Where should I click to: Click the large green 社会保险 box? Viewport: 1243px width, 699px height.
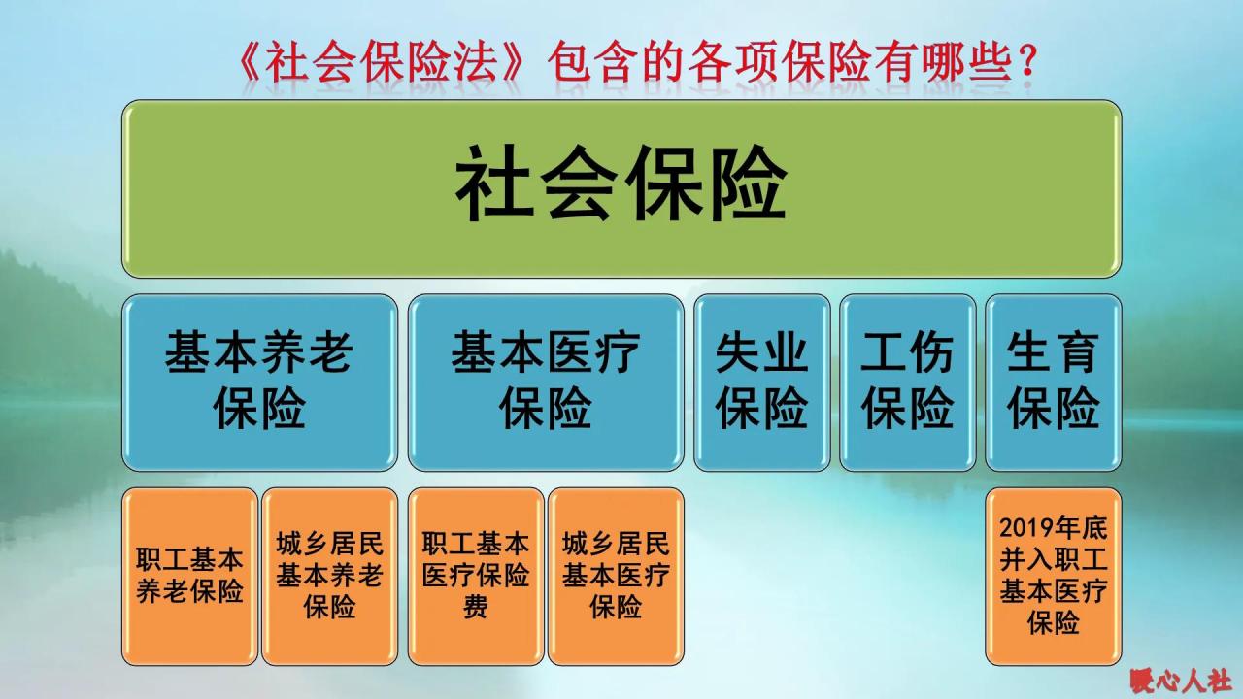click(x=621, y=188)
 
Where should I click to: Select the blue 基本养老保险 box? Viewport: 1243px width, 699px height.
click(x=259, y=383)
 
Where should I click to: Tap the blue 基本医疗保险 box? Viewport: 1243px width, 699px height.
click(x=546, y=383)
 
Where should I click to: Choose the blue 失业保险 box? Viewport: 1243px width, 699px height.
click(x=762, y=383)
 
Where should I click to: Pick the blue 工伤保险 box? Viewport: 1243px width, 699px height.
click(x=908, y=383)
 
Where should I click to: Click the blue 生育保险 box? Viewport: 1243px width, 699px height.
click(x=1054, y=383)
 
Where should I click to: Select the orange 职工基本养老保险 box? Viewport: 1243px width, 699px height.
click(x=190, y=577)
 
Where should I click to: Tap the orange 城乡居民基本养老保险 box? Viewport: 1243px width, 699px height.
click(x=330, y=577)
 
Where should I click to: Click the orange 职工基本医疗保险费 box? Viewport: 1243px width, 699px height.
click(x=476, y=577)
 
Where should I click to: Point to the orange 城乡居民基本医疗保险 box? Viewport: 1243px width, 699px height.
click(x=616, y=577)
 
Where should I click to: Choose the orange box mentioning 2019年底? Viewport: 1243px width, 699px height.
click(x=1054, y=577)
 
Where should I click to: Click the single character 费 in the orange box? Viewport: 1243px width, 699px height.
click(x=476, y=608)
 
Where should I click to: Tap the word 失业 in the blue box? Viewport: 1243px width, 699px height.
click(x=762, y=354)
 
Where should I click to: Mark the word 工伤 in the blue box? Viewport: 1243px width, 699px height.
click(x=908, y=354)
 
